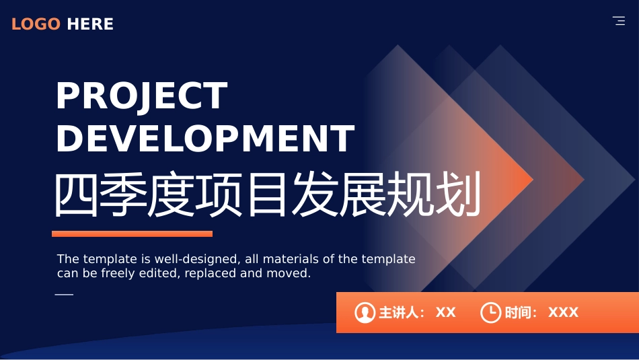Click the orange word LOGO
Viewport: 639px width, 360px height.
(x=36, y=24)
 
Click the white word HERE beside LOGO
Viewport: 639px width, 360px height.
(x=90, y=24)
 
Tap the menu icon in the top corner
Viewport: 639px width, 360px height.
(x=619, y=21)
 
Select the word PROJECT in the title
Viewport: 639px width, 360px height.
(x=141, y=96)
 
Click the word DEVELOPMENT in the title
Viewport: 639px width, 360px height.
(x=205, y=139)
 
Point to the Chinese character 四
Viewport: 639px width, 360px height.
(x=76, y=194)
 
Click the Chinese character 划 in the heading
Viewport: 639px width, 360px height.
(x=459, y=194)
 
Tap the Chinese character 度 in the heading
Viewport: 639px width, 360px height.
(x=171, y=194)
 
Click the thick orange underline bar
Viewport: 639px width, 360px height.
(x=132, y=233)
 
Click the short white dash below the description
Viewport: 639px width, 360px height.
(x=64, y=294)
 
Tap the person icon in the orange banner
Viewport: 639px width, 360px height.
(x=365, y=313)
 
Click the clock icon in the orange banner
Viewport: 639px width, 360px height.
(x=490, y=313)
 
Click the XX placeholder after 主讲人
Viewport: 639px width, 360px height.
(x=445, y=313)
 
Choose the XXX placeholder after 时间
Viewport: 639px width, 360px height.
(x=563, y=313)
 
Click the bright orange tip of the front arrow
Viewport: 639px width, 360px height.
(x=531, y=180)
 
